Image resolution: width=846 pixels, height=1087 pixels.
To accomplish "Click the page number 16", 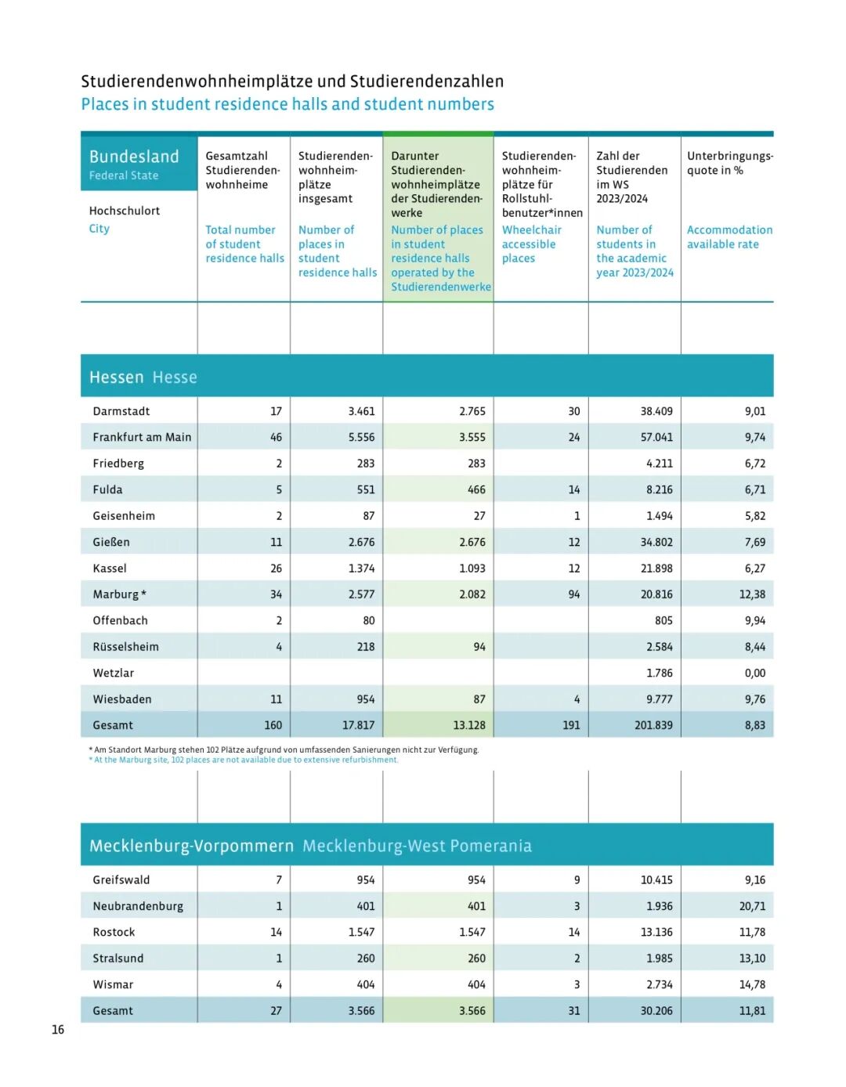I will (58, 1029).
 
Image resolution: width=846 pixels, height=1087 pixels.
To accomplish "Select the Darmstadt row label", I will (121, 411).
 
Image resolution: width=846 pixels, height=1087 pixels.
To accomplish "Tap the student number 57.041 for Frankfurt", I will (656, 437).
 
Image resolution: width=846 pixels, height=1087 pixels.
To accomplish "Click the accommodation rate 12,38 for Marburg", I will (752, 594).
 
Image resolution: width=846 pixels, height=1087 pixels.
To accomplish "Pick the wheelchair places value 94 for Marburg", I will (574, 594).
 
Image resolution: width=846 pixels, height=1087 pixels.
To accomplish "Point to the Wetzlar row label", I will (113, 673).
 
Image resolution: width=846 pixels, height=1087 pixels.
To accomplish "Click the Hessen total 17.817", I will (358, 725).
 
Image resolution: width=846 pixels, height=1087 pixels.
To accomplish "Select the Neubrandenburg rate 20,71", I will (752, 906).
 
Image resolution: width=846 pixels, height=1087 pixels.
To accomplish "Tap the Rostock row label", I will (114, 932).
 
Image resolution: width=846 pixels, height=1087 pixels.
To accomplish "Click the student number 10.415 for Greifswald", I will (656, 879).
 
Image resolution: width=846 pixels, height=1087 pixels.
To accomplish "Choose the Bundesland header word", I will (134, 157).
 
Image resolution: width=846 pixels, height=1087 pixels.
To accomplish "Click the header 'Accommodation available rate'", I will (729, 237).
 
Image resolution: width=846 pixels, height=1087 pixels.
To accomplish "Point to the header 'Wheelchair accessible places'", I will (531, 244).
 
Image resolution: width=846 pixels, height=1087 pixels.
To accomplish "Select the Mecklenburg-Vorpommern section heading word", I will (191, 846).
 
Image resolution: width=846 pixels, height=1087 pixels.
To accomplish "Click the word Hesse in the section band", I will (175, 377).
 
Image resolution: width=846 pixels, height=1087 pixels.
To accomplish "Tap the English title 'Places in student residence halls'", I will (287, 104).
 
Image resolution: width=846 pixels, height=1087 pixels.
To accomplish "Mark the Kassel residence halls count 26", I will (276, 568).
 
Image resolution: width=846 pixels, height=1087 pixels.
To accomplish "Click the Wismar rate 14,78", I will (752, 984).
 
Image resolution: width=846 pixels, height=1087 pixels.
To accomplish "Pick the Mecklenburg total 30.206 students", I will (656, 1010).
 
